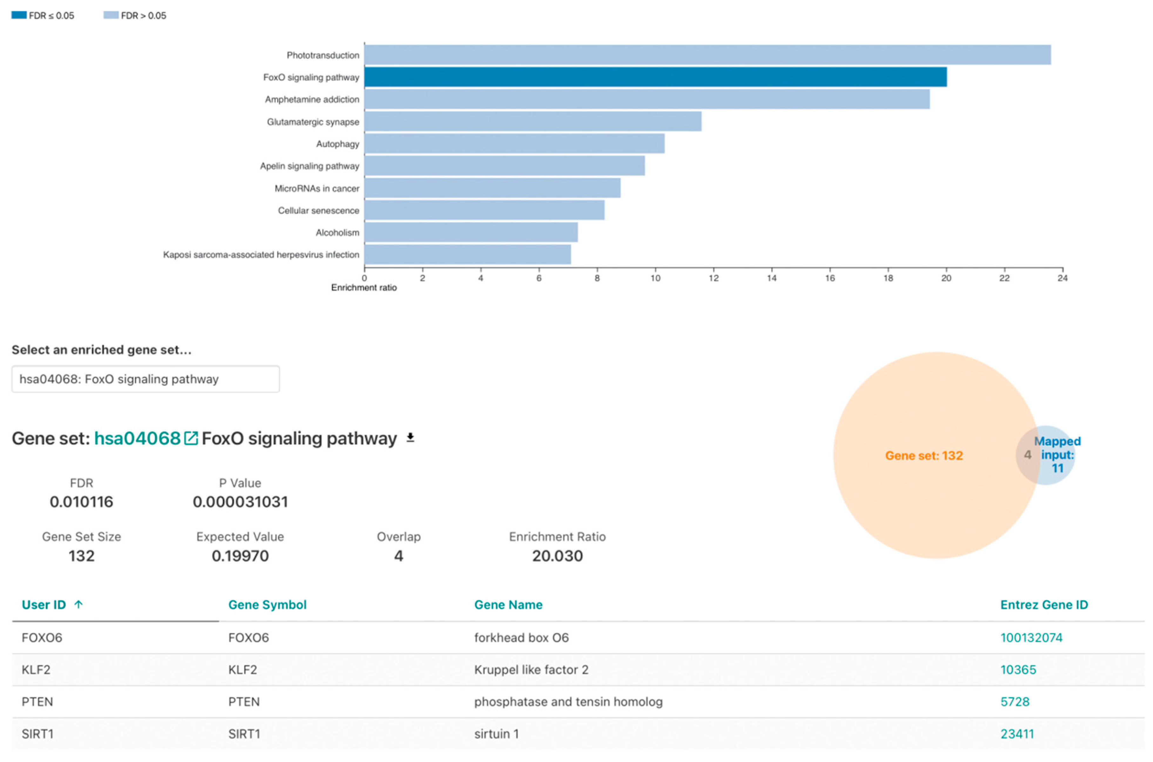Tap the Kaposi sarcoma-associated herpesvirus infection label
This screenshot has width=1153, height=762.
click(261, 255)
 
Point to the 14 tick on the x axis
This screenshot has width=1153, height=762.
click(772, 278)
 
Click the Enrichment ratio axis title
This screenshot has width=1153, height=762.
click(364, 288)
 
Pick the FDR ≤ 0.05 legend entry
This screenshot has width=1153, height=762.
click(43, 16)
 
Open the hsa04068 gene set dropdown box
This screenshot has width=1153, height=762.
click(145, 379)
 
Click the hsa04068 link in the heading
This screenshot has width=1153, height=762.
click(138, 438)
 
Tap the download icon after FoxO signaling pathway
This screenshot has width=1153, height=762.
click(410, 438)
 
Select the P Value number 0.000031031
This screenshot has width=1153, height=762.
click(240, 502)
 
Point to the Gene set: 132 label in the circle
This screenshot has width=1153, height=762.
click(924, 455)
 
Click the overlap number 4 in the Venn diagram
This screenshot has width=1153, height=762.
click(1027, 455)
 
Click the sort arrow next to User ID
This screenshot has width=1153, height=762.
click(78, 604)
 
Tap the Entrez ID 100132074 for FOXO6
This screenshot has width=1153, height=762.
click(1031, 638)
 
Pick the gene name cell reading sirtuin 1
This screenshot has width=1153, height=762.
click(496, 734)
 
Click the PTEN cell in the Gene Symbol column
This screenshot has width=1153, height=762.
click(244, 702)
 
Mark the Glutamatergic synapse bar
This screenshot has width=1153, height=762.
click(532, 122)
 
